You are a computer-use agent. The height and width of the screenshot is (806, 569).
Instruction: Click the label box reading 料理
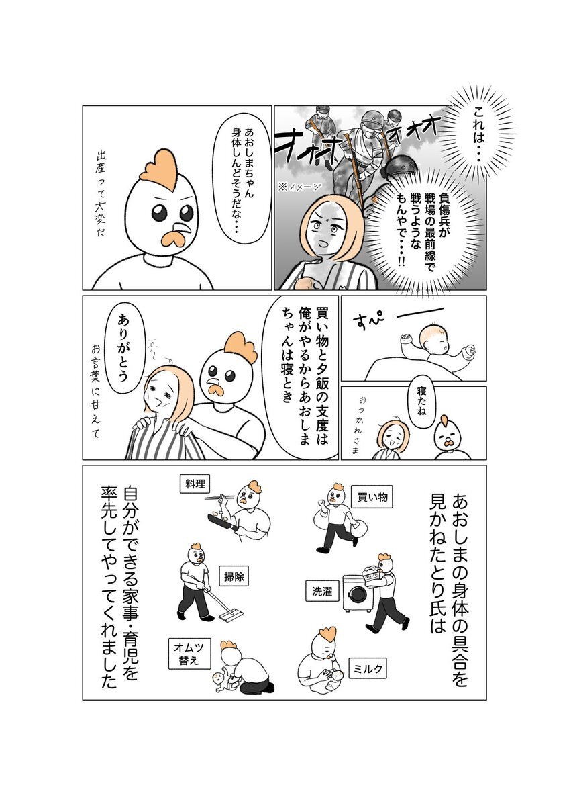[x=195, y=484]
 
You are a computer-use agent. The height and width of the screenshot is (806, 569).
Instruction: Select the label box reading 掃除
[x=234, y=578]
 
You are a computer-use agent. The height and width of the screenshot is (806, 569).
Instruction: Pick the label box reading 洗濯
[x=322, y=591]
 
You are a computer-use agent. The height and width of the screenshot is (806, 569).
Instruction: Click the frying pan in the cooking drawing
[x=223, y=522]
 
